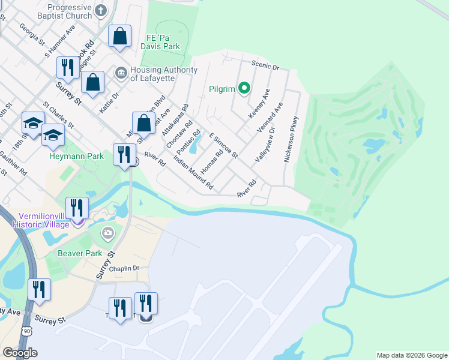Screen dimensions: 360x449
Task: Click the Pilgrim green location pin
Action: point(244,89)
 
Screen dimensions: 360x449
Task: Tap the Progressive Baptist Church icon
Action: point(100,10)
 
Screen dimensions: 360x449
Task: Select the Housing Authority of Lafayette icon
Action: point(120,73)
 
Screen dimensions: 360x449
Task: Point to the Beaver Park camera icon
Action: point(108,233)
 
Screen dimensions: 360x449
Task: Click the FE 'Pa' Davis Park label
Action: point(160,41)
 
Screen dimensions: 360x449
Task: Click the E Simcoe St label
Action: point(223,146)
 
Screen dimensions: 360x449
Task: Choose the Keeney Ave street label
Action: point(259,103)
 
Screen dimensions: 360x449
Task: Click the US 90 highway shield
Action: point(25,330)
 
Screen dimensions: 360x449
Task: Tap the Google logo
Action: point(20,353)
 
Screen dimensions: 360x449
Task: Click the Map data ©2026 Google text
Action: point(411,355)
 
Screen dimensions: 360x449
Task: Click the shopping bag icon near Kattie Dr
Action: point(93,82)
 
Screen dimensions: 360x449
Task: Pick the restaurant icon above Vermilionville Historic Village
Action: point(77,208)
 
